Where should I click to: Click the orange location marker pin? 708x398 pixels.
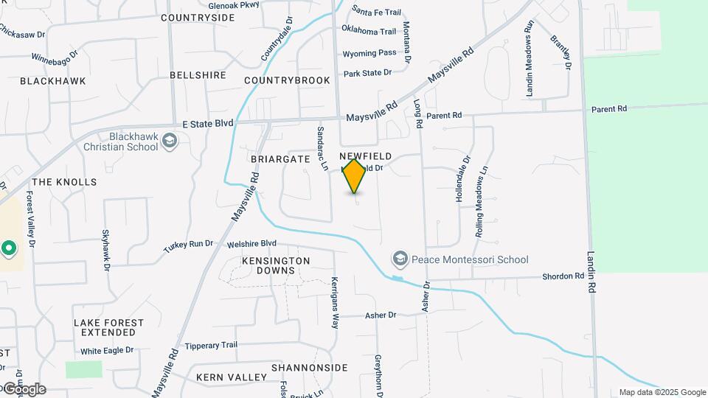click(355, 176)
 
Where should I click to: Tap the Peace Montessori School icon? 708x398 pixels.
click(400, 259)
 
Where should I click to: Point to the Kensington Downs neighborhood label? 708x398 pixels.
click(276, 266)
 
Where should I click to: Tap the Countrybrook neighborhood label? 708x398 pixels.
click(287, 80)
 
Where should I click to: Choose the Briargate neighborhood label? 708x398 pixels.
click(280, 158)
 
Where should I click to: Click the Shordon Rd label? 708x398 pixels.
click(563, 276)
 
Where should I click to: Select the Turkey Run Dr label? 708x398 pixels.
click(188, 244)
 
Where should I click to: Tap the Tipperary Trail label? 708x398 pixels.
click(211, 345)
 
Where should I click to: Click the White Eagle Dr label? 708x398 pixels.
click(107, 351)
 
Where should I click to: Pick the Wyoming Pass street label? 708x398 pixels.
click(369, 53)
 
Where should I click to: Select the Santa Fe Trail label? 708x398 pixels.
click(376, 12)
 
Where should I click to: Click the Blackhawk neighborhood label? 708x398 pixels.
click(53, 80)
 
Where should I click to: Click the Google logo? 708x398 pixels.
click(24, 388)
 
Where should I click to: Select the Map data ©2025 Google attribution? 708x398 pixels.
click(662, 392)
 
